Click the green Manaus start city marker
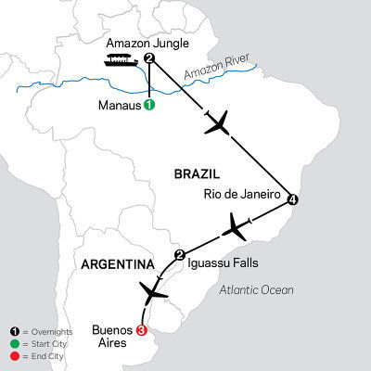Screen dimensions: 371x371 (x=148, y=106)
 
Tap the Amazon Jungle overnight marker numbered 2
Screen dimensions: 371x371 (x=148, y=59)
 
